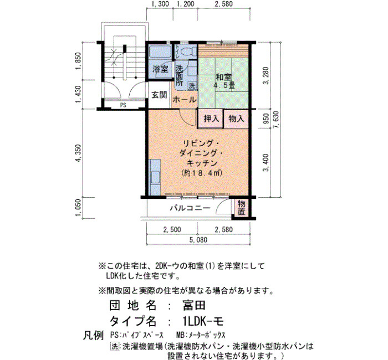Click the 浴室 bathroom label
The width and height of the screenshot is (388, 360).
160,69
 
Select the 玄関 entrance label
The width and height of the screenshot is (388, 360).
159,95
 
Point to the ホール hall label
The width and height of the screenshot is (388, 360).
185,100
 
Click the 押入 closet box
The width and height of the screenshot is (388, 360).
211,119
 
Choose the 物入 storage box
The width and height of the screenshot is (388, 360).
236,119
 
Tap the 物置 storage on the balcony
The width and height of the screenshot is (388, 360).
241,208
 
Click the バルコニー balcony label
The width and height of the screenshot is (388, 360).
190,208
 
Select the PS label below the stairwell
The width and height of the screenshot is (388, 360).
123,105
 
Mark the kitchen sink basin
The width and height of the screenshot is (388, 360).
155,177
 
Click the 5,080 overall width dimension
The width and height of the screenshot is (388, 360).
198,240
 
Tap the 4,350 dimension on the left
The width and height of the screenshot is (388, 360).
79,153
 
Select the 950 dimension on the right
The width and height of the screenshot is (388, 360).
266,119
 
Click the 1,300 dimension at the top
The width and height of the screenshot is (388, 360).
160,4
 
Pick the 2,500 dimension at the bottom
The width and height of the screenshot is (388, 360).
172,229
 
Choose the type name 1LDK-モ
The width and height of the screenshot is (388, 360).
203,321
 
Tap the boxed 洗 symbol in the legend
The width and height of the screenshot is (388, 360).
115,346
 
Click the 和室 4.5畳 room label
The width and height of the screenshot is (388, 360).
224,81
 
